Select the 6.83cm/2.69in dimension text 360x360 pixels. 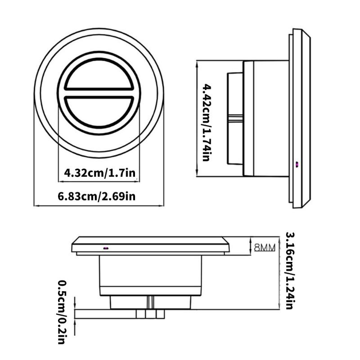(97, 196)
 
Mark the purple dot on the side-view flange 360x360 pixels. (297, 164)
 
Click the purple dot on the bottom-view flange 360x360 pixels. (106, 247)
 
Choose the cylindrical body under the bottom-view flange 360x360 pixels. (150, 274)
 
